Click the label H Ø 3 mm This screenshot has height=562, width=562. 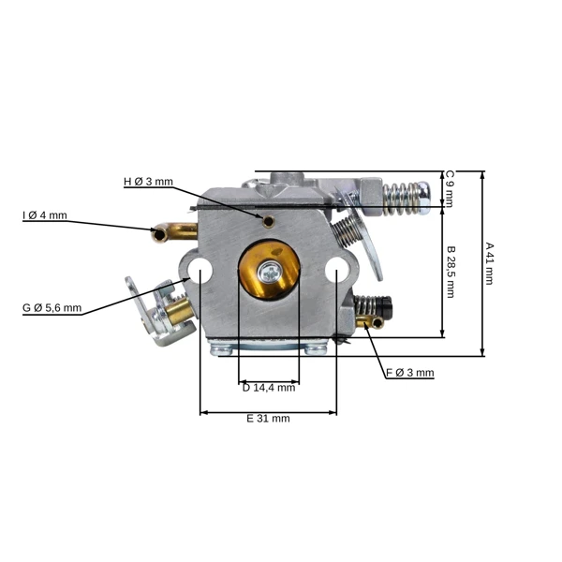point(148,182)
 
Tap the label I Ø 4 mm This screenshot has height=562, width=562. point(45,215)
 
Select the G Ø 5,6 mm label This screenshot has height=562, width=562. point(52,308)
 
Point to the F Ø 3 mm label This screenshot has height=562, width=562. point(410,373)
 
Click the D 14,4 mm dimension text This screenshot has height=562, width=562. point(269,388)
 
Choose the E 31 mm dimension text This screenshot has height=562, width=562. point(268,419)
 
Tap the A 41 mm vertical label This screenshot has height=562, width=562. point(489,263)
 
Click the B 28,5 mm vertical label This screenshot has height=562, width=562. point(451,272)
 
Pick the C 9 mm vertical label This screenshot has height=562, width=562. point(450,189)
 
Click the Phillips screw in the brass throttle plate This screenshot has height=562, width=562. point(270,274)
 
